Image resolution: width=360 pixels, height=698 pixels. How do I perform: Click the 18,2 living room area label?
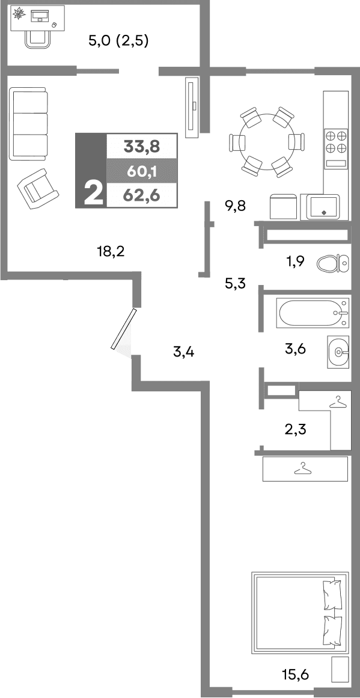pyautogui.click(x=111, y=251)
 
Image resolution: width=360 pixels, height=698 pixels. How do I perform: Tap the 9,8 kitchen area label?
pyautogui.click(x=235, y=206)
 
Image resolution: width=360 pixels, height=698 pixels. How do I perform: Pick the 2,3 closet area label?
pyautogui.click(x=295, y=429)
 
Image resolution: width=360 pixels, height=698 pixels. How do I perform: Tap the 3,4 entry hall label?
pyautogui.click(x=183, y=352)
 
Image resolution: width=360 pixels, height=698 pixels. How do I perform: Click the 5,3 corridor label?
pyautogui.click(x=235, y=284)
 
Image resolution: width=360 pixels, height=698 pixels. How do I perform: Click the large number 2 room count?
pyautogui.click(x=93, y=194)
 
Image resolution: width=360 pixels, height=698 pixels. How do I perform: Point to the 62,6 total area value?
pyautogui.click(x=141, y=194)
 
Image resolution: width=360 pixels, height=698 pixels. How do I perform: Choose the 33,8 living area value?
pyautogui.click(x=141, y=146)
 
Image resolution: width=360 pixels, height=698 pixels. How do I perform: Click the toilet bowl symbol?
pyautogui.click(x=332, y=263)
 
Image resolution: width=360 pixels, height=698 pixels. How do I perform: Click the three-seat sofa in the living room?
pyautogui.click(x=28, y=123)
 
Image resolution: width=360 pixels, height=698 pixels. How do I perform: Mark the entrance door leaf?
pyautogui.click(x=124, y=329)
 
